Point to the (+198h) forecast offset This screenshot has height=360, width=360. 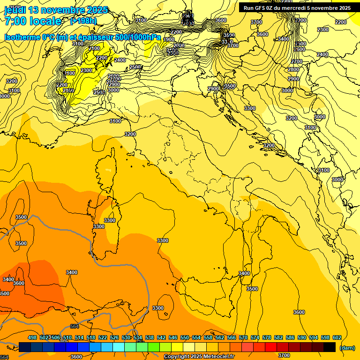coord(83,21)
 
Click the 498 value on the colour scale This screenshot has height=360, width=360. coord(32,338)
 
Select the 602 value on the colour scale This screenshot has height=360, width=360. coord(337,338)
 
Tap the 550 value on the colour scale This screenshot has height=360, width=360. coord(185,338)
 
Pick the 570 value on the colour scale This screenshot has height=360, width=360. coord(243,338)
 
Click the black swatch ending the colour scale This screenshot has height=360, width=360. coord(330,347)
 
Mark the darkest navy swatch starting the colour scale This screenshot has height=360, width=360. coord(25,347)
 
